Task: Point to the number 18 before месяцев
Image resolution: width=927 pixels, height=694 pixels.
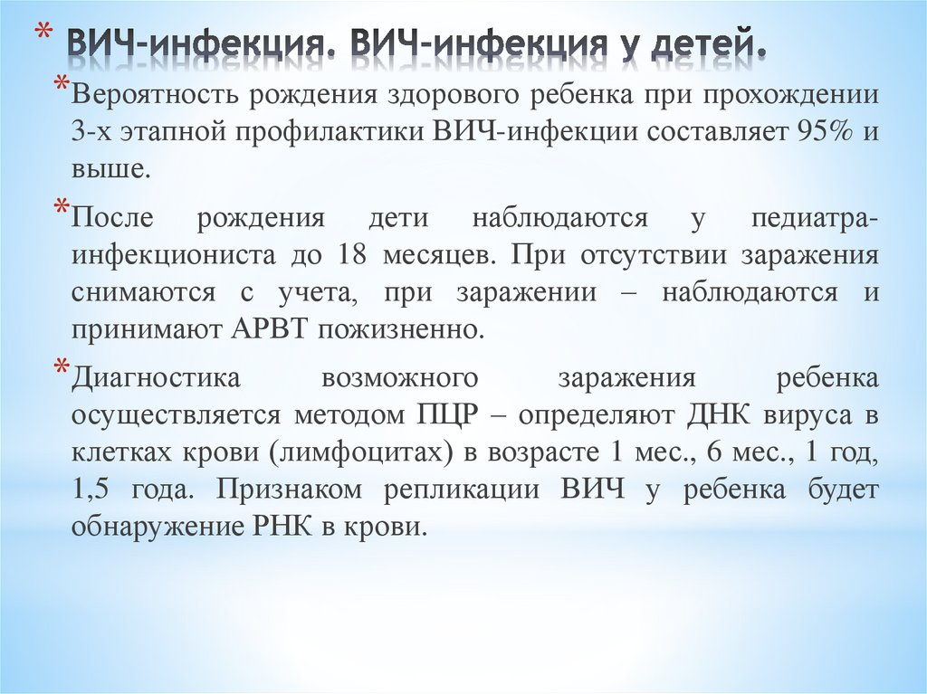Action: click(x=351, y=254)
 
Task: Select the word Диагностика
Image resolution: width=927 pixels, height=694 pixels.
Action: click(x=156, y=378)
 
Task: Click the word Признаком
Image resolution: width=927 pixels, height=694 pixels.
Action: click(x=289, y=490)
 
